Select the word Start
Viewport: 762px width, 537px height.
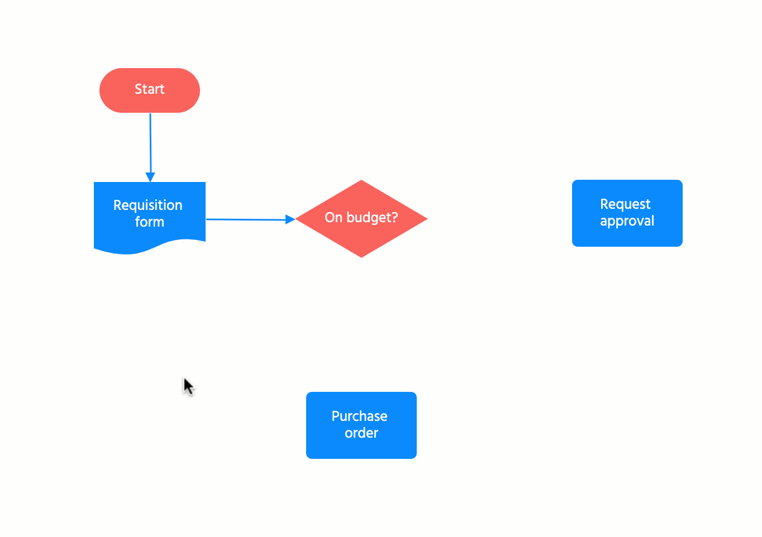point(149,89)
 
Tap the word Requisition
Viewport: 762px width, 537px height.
point(147,205)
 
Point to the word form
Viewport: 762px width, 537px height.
point(149,222)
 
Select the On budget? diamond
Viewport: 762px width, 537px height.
point(361,240)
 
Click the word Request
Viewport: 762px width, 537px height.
point(625,204)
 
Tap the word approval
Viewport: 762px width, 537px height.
point(627,221)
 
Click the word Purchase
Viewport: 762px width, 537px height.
point(359,416)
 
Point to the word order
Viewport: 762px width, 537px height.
point(361,433)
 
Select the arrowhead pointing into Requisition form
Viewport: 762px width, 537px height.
point(150,178)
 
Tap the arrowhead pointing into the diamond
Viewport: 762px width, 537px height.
point(290,219)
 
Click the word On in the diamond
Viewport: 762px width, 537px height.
point(333,218)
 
